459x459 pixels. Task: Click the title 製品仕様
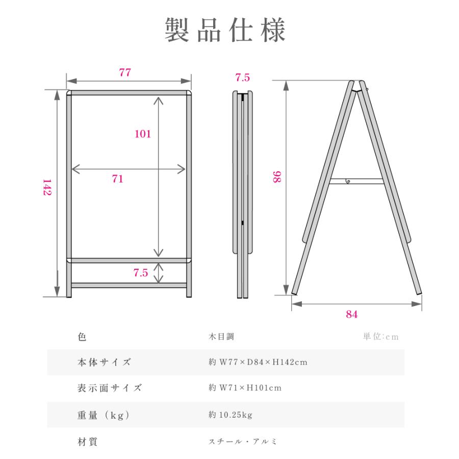[x=225, y=31]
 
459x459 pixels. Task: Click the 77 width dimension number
[x=125, y=73]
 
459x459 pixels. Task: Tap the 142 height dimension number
[x=47, y=188]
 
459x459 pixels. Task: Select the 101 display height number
[x=142, y=134]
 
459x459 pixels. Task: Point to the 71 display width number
[x=118, y=179]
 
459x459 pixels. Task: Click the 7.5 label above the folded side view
[x=243, y=78]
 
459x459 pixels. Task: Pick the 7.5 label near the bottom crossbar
[x=140, y=273]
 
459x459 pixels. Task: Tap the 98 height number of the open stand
[x=277, y=177]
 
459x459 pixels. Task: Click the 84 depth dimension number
[x=351, y=314]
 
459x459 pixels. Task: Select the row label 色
[x=83, y=337]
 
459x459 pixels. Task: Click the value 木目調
[x=220, y=337]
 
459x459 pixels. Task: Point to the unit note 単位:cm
[x=380, y=337]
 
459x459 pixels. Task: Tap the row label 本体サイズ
[x=101, y=363]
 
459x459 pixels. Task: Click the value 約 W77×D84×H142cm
[x=258, y=363]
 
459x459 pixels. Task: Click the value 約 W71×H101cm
[x=245, y=388]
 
